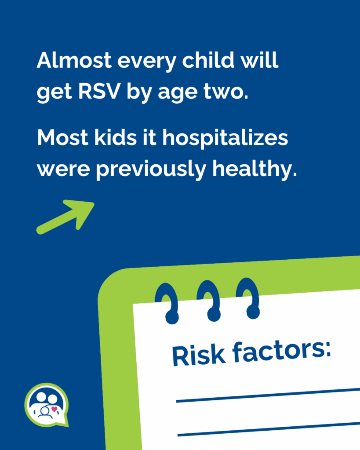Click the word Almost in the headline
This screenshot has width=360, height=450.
coord(74,60)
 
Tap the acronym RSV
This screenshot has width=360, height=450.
coord(99,91)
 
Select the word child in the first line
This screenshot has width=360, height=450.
coord(208,60)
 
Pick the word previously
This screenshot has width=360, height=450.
coord(151,169)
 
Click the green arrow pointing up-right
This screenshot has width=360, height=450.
coord(65,217)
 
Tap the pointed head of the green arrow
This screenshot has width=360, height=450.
coord(93,203)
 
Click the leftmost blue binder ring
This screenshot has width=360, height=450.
coord(167,304)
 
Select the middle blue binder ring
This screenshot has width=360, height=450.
coord(210,301)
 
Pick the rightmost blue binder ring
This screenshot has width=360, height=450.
coord(249,298)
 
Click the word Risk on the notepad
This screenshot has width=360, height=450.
coord(198,356)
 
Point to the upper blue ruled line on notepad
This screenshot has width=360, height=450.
coord(268,395)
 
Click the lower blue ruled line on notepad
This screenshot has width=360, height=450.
coord(269,429)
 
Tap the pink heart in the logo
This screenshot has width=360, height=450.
coord(55,409)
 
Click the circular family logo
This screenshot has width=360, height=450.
coord(47,405)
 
